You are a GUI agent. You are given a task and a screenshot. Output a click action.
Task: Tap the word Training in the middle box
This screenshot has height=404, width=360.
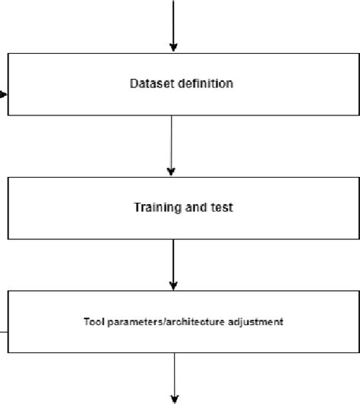(x=156, y=207)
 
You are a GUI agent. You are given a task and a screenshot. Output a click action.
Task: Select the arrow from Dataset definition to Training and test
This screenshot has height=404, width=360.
(x=172, y=144)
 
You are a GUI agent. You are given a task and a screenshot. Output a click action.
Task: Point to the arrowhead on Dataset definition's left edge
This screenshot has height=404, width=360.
(x=5, y=95)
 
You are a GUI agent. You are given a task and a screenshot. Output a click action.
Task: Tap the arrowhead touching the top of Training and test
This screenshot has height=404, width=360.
(x=172, y=172)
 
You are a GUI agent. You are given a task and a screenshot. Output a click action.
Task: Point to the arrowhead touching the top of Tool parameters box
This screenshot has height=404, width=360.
(x=174, y=286)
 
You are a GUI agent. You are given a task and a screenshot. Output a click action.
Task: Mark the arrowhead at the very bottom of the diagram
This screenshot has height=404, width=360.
(x=175, y=398)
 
